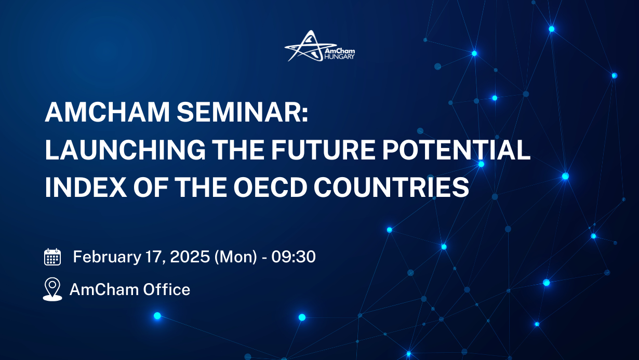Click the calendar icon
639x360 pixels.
coord(52,257)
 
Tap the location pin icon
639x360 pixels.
coord(52,289)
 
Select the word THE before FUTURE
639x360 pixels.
coord(227,150)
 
